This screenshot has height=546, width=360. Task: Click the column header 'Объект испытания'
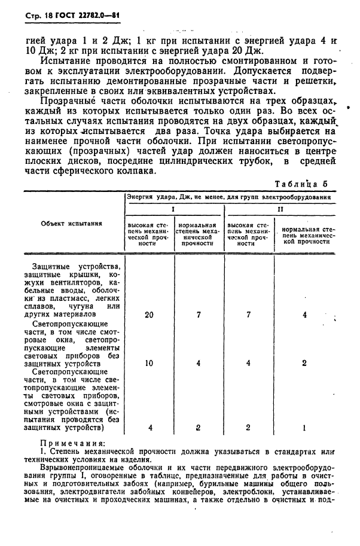click(x=71, y=223)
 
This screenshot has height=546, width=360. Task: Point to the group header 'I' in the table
click(x=173, y=210)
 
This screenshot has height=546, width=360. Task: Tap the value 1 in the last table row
click(x=304, y=428)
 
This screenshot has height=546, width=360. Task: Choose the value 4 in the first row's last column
click(x=304, y=314)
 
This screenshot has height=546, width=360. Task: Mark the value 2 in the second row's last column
click(x=304, y=363)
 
